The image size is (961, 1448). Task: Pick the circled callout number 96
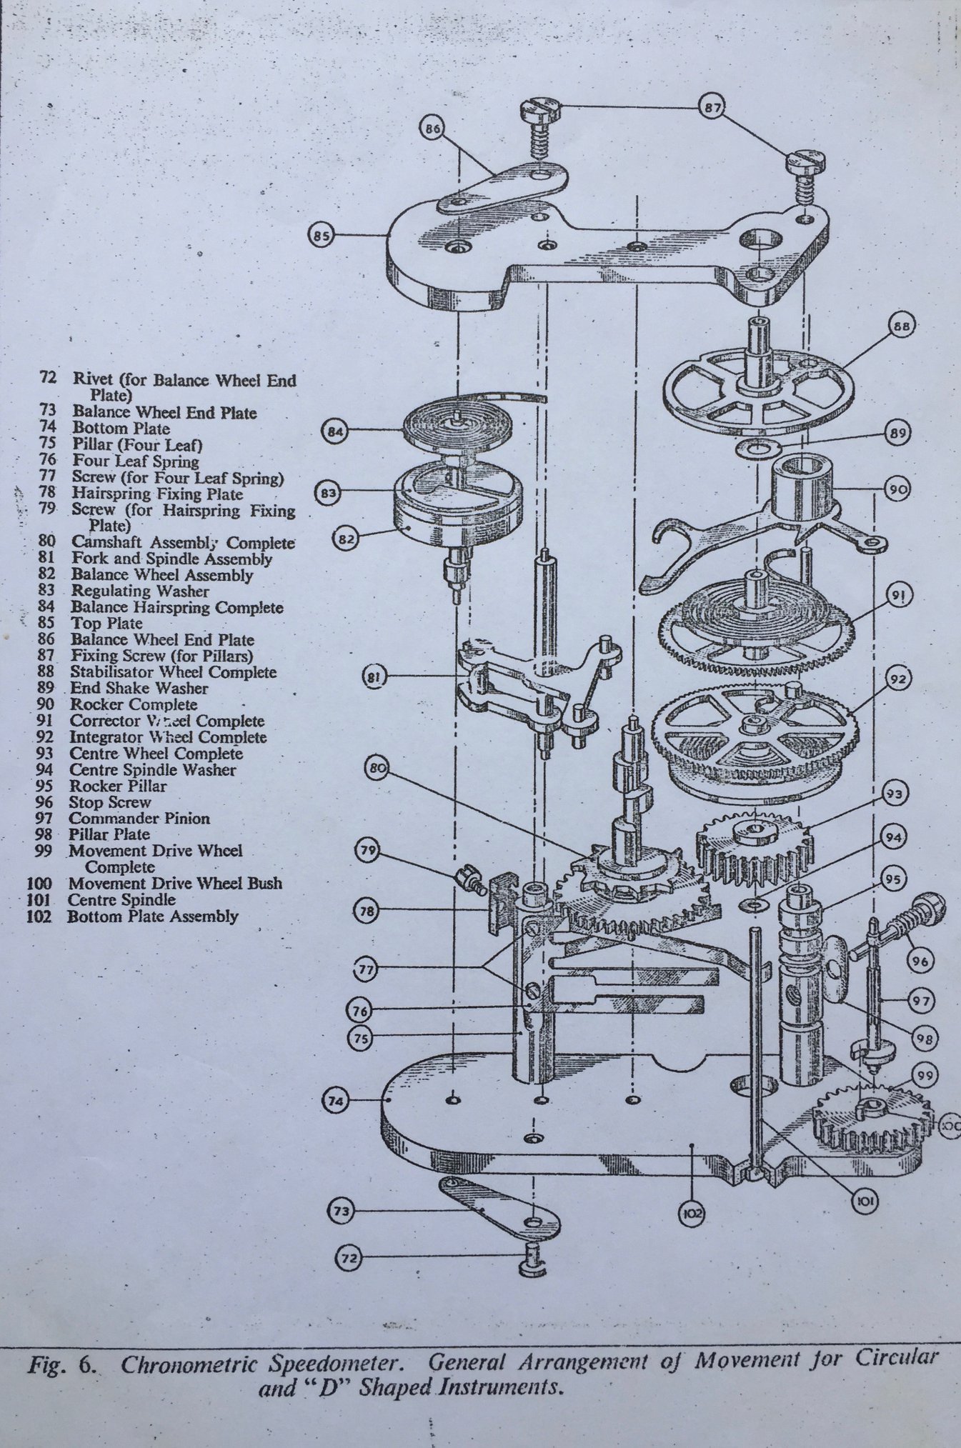921,961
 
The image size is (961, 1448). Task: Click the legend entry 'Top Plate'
106,624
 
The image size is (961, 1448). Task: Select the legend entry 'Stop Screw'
110,802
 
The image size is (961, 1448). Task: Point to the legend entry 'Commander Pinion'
139,819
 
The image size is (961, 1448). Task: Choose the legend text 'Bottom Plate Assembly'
152,917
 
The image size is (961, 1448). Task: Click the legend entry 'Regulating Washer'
140,591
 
